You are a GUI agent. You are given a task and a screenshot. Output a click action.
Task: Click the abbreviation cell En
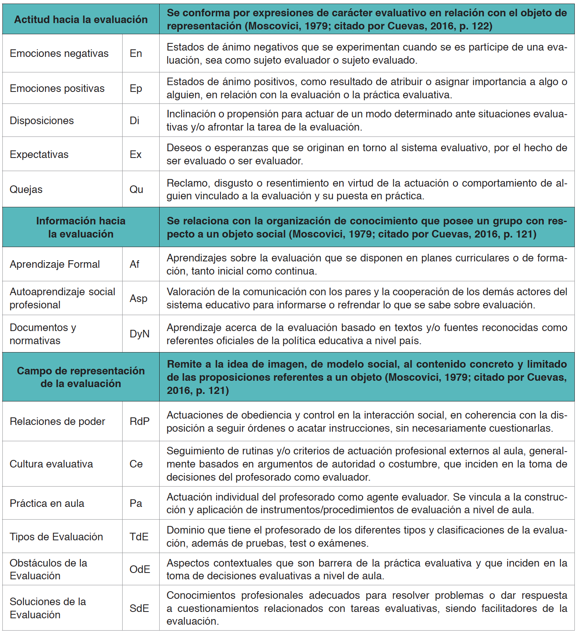136,53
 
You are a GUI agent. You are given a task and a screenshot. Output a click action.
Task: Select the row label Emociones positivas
57,88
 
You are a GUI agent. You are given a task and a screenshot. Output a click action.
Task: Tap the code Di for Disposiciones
135,121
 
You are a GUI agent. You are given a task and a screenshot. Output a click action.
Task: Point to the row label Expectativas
39,154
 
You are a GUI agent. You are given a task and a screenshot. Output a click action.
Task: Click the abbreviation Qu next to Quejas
136,189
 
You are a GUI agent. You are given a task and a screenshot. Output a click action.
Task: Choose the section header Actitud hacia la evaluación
81,19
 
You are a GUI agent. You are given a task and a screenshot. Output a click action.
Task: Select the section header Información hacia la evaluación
81,227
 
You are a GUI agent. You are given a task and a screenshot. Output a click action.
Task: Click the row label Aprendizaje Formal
55,264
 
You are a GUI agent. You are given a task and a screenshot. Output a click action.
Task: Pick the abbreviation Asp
139,298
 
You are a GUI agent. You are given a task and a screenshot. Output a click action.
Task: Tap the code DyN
140,334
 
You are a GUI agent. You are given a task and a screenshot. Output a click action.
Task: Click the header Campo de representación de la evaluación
81,377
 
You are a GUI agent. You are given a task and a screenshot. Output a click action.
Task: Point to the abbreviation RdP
140,421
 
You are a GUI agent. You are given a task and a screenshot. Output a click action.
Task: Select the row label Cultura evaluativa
51,464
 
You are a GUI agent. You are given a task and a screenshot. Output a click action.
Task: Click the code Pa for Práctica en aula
136,503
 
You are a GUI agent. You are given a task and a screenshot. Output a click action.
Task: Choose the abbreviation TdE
139,537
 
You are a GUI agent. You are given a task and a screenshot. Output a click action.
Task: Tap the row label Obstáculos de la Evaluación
48,569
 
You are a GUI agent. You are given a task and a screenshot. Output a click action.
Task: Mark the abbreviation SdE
139,608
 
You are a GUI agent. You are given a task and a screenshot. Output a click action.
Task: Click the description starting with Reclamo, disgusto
367,189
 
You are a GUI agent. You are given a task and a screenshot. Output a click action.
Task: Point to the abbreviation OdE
140,569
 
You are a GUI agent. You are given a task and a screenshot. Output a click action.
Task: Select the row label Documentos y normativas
43,334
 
